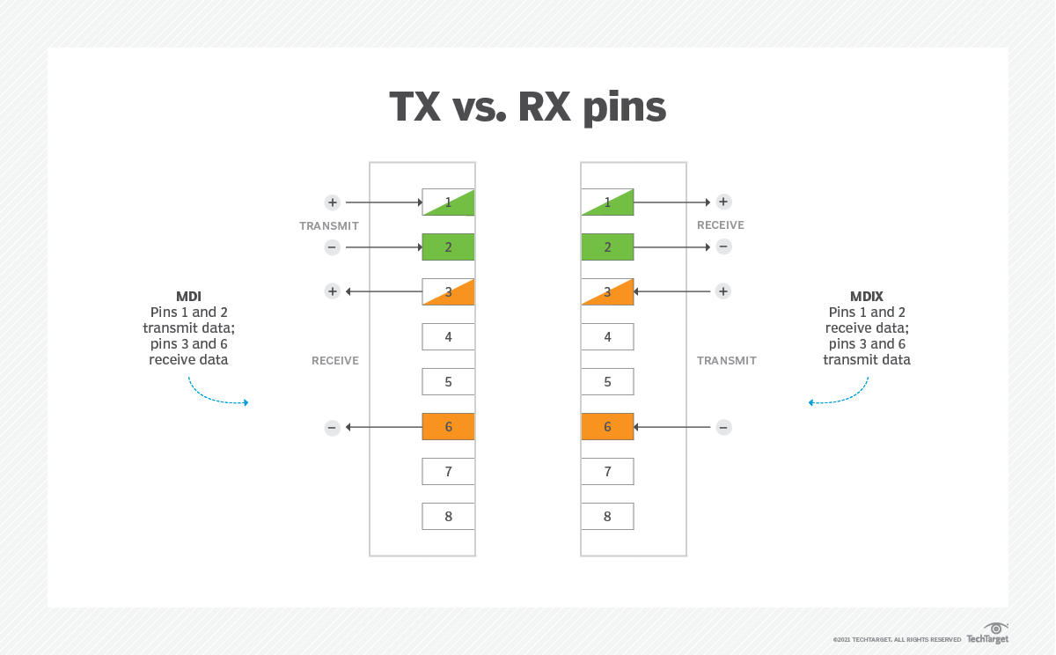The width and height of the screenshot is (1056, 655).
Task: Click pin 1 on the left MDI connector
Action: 448,202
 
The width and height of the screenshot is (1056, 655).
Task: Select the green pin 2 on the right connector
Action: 607,247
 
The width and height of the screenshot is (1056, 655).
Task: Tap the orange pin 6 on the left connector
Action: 448,427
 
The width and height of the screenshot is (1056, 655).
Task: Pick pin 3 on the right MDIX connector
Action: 607,291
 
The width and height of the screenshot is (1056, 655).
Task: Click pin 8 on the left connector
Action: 448,517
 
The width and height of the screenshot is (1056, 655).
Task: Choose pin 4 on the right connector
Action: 607,337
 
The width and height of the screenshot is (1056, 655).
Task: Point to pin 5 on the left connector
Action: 448,382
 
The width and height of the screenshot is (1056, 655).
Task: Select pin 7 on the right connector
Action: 607,472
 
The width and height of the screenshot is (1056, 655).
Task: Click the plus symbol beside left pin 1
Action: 332,202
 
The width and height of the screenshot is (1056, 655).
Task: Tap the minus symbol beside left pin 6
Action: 332,428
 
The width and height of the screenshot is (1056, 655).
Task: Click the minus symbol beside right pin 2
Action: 723,247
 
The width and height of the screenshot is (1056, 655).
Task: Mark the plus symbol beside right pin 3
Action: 723,291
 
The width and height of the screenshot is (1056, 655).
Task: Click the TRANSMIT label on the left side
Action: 329,226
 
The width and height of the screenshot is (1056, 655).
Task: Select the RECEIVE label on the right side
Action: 721,225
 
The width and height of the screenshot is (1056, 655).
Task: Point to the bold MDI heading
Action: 188,297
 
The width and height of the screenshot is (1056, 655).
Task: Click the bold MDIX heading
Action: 867,297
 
